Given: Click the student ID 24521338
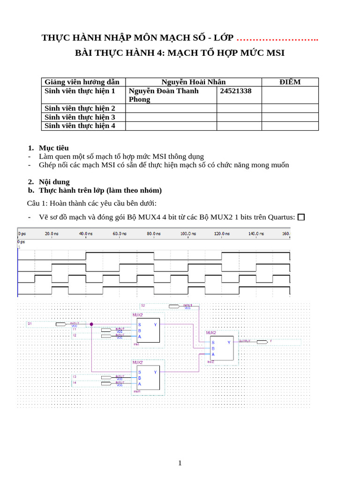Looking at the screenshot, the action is tap(236, 91).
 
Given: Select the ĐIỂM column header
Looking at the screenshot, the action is tap(290, 82).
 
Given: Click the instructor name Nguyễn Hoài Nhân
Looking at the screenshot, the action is tap(194, 82).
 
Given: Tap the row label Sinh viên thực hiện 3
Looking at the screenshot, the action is tap(80, 117).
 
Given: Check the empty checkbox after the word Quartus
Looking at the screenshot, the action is tap(301, 217).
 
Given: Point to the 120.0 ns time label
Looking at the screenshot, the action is tap(221, 233).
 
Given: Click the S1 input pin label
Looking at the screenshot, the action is tap(30, 324).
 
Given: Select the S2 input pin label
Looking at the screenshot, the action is tap(143, 306).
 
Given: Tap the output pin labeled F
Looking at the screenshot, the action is tap(270, 341).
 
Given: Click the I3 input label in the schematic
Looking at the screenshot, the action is tap(75, 376).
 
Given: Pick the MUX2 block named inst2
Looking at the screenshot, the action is tap(221, 348).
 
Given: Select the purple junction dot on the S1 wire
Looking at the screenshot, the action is tap(91, 324).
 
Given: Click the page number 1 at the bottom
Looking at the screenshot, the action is tap(180, 463).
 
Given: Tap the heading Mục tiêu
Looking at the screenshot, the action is tap(54, 148).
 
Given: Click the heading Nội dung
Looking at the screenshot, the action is tap(54, 182).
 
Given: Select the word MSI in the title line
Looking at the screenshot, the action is tap(275, 53).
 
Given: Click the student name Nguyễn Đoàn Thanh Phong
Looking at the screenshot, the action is tap(164, 95).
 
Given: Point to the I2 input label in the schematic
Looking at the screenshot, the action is tap(75, 336).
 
